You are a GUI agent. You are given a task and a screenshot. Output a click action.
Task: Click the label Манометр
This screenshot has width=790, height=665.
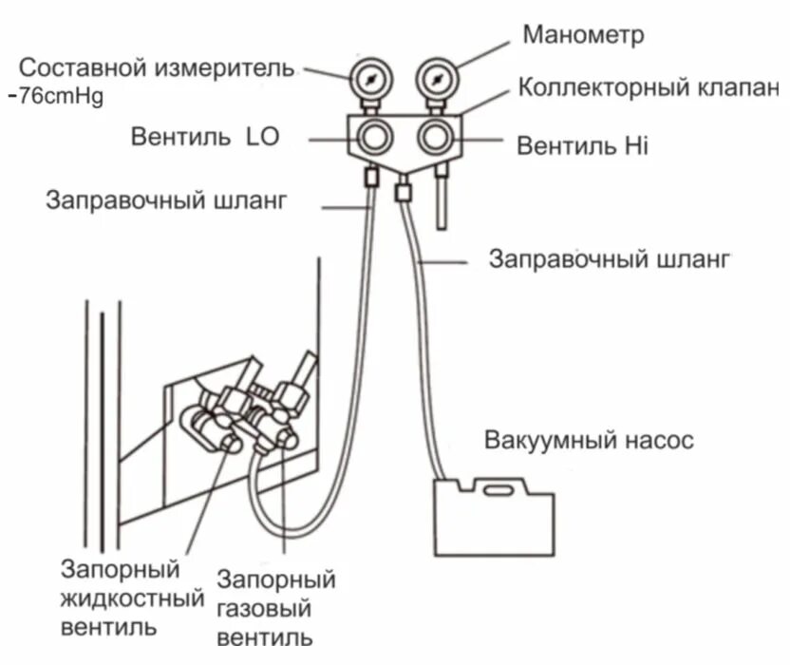[583, 35]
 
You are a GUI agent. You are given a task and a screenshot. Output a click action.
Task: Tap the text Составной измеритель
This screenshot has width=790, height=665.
[157, 68]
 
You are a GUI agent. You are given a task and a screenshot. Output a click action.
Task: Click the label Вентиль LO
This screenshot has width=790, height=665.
[204, 137]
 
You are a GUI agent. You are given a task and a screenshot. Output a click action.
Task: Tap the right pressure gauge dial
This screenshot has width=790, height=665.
[437, 79]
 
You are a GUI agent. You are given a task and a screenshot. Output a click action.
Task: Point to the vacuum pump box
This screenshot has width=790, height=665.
[494, 518]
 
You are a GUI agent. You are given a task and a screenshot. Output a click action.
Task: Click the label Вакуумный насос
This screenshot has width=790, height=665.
[589, 441]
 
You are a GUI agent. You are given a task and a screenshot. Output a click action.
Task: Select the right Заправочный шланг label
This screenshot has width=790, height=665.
[609, 258]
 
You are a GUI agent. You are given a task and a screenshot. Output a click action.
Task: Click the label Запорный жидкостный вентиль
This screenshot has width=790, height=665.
[129, 598]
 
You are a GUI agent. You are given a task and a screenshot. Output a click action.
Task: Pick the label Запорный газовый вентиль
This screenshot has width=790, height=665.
[275, 607]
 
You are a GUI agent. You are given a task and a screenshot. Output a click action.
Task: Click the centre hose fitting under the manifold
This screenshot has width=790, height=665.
[402, 193]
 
